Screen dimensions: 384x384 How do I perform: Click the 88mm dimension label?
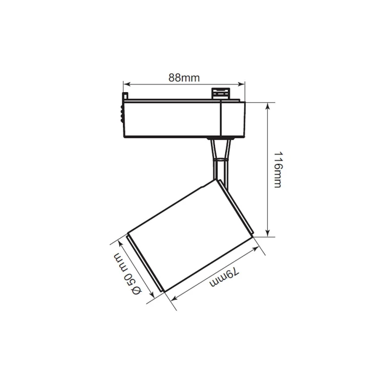click(184, 78)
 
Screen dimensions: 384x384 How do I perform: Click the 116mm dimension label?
click(278, 169)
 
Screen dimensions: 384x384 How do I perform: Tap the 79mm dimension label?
click(224, 277)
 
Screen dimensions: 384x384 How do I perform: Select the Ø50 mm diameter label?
click(127, 274)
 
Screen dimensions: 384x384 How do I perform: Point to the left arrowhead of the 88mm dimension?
click(126, 84)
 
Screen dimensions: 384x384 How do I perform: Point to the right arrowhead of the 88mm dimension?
click(242, 84)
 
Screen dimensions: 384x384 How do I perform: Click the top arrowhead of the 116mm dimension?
click(268, 105)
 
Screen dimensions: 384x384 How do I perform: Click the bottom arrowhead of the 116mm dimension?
click(268, 233)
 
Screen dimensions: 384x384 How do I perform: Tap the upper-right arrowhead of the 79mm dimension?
click(256, 248)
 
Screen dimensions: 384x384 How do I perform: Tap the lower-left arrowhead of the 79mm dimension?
click(174, 298)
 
